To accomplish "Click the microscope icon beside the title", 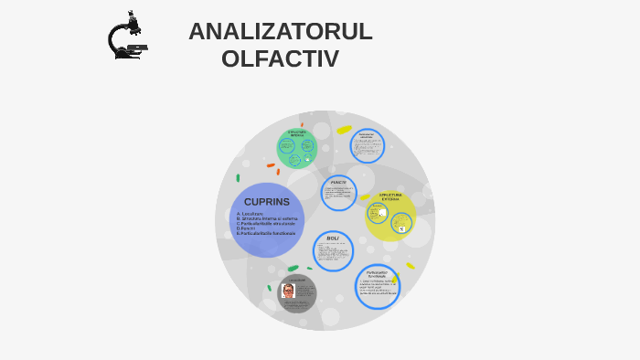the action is click(x=126, y=37).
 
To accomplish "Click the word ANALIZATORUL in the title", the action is click(x=280, y=31).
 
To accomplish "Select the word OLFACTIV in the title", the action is click(x=280, y=59).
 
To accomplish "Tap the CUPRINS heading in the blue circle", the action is click(x=266, y=201).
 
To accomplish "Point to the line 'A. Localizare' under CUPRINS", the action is click(x=251, y=213).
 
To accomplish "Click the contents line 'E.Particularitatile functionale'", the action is click(x=266, y=234).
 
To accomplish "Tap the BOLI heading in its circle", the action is click(x=333, y=238).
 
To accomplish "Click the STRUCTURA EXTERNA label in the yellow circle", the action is click(x=390, y=196).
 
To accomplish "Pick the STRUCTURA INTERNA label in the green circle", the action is click(x=296, y=134).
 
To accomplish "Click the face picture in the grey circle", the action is click(x=288, y=291).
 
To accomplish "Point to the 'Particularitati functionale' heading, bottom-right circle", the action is click(x=378, y=273).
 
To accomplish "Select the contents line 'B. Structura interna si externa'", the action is click(x=268, y=218).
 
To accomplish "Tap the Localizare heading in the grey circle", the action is click(x=298, y=280).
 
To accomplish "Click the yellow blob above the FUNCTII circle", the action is click(x=344, y=130).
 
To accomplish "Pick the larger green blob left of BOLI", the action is click(x=293, y=269).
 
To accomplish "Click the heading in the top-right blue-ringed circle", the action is click(x=367, y=136).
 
